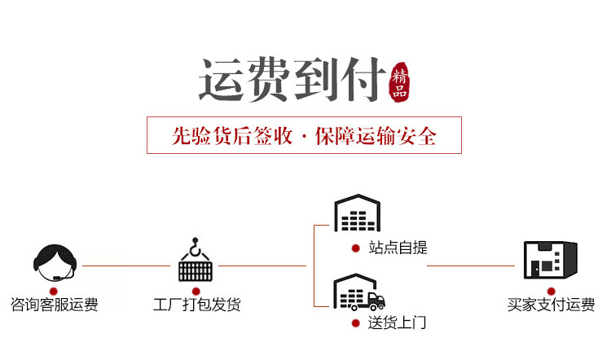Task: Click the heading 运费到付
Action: pyautogui.click(x=292, y=81)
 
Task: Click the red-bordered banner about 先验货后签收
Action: pyautogui.click(x=304, y=135)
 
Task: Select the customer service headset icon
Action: pyautogui.click(x=55, y=261)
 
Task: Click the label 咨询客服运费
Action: pyautogui.click(x=55, y=305)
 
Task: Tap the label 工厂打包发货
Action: pyautogui.click(x=196, y=305)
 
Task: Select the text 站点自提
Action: pyautogui.click(x=398, y=248)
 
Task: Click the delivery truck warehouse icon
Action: pyautogui.click(x=358, y=292)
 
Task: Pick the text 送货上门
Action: pyautogui.click(x=397, y=323)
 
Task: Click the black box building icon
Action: pyautogui.click(x=550, y=261)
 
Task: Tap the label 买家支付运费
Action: pyautogui.click(x=551, y=305)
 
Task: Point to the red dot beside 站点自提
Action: pyautogui.click(x=354, y=248)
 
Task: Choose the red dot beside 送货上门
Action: pyautogui.click(x=354, y=323)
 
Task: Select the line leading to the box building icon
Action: pyautogui.click(x=472, y=266)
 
